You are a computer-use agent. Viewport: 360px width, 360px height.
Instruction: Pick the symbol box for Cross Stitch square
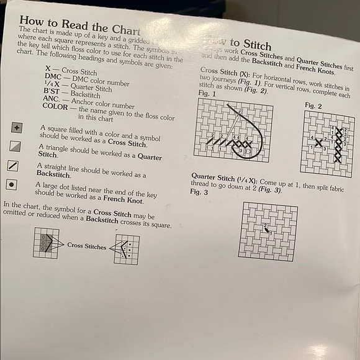coord(16,128)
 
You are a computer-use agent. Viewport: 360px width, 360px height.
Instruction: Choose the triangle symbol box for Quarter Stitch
coord(16,147)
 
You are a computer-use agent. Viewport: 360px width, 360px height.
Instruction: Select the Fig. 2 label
coord(313,106)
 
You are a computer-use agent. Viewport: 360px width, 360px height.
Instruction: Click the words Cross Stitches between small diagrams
coord(86,246)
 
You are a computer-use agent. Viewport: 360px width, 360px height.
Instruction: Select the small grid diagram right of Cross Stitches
coord(127,250)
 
